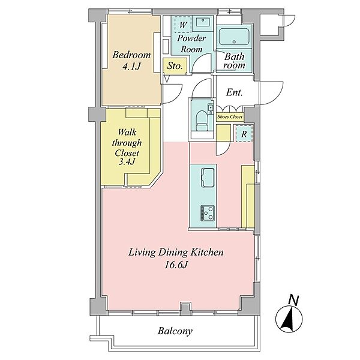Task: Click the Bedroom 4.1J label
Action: click(131, 61)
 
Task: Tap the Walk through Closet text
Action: click(127, 143)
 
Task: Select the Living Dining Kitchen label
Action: click(176, 253)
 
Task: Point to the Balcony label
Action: click(175, 331)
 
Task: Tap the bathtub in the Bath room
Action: click(234, 37)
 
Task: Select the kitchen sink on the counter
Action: click(208, 177)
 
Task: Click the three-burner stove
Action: click(208, 213)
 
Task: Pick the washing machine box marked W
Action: click(183, 25)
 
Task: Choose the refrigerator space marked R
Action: click(244, 134)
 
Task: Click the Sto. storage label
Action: click(175, 66)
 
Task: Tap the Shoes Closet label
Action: click(230, 116)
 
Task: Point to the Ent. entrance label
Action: click(234, 92)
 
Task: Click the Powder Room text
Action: click(191, 44)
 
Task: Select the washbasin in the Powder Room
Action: click(203, 23)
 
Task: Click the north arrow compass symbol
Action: click(289, 319)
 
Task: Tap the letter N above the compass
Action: click(293, 300)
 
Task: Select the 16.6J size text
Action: click(176, 265)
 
